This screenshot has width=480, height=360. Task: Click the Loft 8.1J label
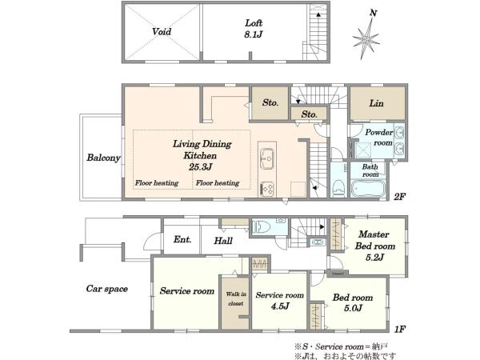[x=253, y=29]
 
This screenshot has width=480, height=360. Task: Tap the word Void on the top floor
[x=162, y=31]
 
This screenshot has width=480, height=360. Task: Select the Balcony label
[x=103, y=158]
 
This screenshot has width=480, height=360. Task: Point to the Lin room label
[x=376, y=103]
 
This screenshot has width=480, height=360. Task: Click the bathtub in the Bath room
[x=368, y=189]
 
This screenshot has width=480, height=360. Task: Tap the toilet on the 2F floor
[x=338, y=187]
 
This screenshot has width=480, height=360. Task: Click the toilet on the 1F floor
[x=262, y=227]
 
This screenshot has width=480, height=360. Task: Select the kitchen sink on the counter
[x=267, y=158]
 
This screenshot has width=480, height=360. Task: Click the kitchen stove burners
[x=267, y=189]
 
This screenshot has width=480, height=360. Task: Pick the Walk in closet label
[x=236, y=298]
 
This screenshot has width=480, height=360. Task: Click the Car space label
[x=107, y=289]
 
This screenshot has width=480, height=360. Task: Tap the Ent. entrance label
[x=182, y=239]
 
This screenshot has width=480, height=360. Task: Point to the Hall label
[x=223, y=241]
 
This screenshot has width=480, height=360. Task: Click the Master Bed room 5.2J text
[x=374, y=246]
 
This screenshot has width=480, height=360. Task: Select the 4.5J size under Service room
[x=280, y=306]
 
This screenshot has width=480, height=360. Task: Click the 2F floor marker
[x=399, y=197]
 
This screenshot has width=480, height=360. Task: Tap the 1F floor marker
[x=400, y=329]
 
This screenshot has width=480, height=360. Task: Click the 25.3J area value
[x=201, y=167]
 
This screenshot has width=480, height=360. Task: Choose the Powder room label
[x=379, y=138]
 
